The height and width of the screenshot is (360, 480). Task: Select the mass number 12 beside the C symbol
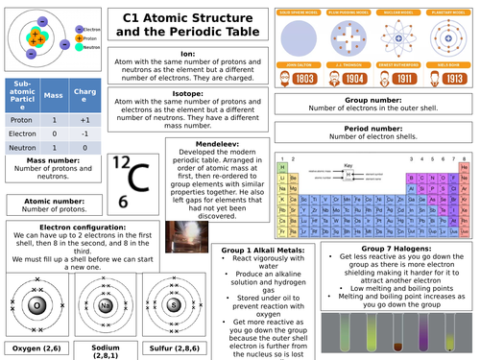coord(121,164)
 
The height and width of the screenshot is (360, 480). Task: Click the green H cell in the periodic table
coord(283,165)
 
